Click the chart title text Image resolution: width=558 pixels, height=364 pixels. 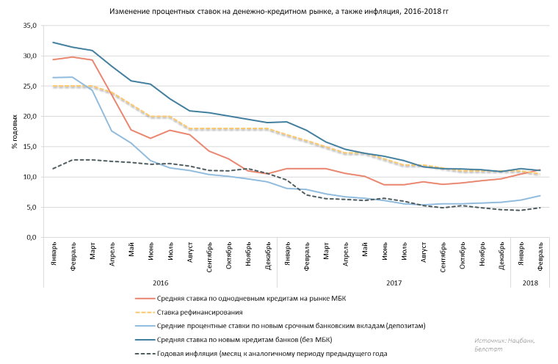coord(278,12)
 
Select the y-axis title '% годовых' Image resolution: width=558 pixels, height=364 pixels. coord(15,132)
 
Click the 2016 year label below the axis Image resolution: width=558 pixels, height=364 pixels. coord(161,283)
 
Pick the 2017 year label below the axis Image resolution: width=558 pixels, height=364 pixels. coord(394,283)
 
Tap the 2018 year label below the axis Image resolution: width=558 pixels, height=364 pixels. coord(530,283)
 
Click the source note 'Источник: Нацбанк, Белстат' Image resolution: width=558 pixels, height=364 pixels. coord(507,344)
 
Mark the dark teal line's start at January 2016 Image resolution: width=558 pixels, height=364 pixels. coord(54,43)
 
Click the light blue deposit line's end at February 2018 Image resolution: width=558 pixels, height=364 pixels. coord(540,196)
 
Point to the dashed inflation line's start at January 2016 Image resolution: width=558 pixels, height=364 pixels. coord(54,169)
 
